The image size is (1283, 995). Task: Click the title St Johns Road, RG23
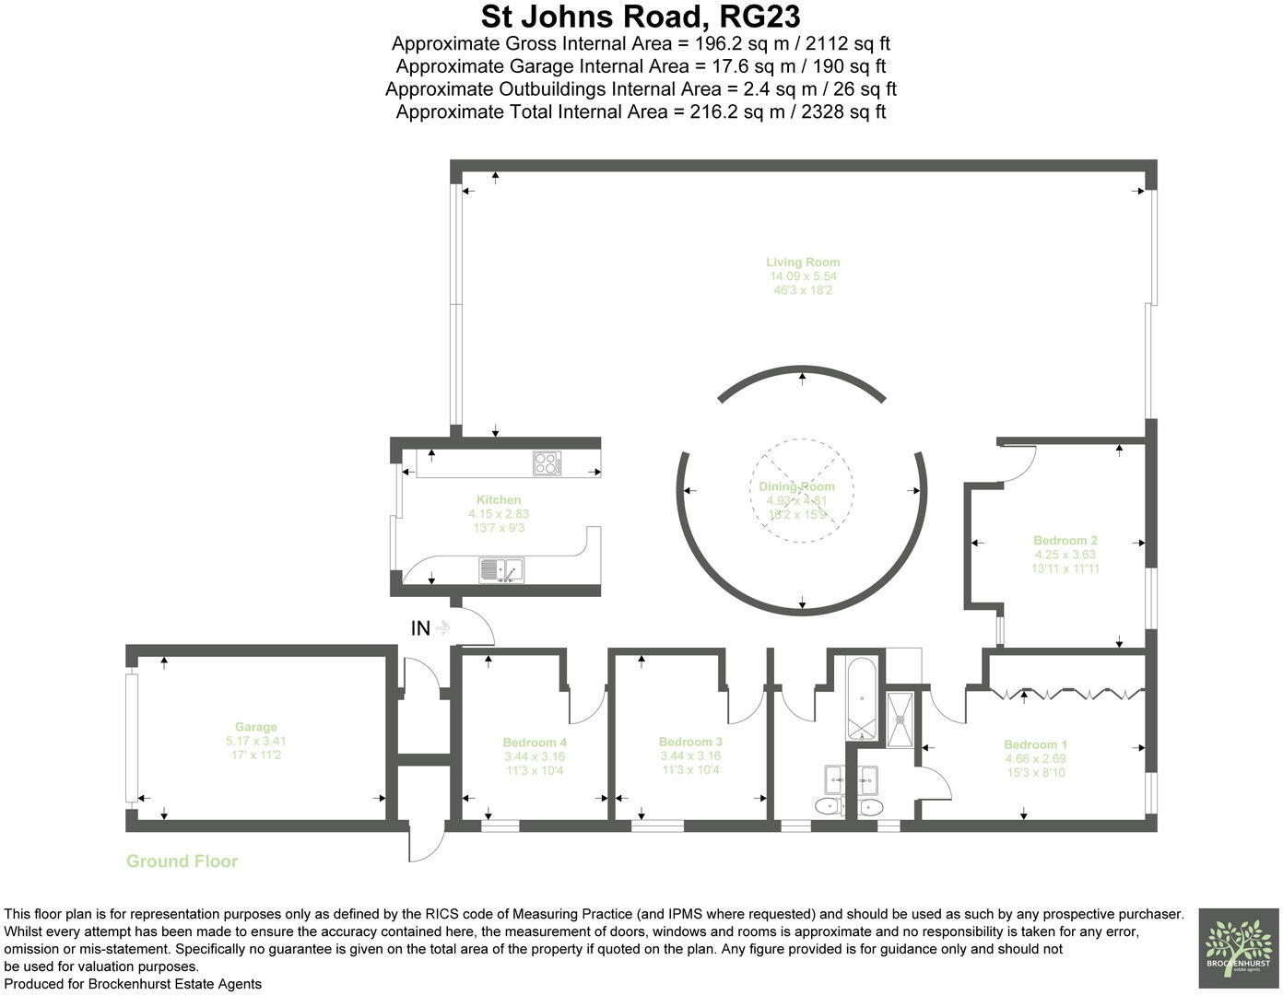tap(641, 17)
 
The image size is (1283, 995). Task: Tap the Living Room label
tap(803, 262)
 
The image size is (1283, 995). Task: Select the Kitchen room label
tap(499, 499)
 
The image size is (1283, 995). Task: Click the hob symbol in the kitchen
tap(547, 462)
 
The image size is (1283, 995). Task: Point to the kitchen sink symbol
tap(500, 570)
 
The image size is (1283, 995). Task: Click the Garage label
tap(255, 727)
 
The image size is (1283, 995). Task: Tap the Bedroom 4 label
tap(535, 743)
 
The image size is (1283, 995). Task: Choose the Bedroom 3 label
tap(690, 742)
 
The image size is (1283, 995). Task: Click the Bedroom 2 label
tap(1065, 541)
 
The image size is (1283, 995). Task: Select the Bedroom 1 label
tap(1035, 744)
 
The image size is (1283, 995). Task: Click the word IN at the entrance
tap(420, 628)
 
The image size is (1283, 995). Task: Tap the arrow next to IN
tap(442, 628)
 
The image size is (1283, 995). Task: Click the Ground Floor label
tap(182, 861)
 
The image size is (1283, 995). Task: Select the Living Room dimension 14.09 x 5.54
tap(803, 276)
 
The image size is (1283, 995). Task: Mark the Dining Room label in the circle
tap(796, 486)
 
